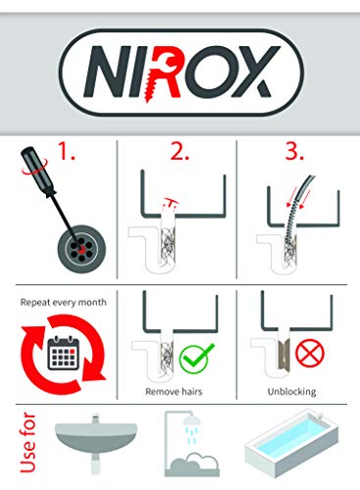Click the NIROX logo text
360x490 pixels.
[x=179, y=71]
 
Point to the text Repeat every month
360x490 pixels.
[x=62, y=303]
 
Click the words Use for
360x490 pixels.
[x=22, y=445]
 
